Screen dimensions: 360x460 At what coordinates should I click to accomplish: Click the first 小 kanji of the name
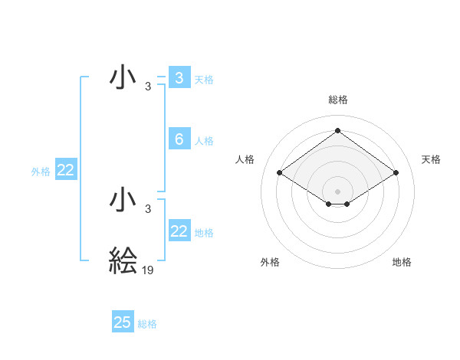pos(123,78)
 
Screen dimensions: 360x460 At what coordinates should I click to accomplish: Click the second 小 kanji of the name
pos(123,201)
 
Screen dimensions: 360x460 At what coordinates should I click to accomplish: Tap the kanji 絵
pos(123,261)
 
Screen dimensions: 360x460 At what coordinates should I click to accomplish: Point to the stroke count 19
pos(148,270)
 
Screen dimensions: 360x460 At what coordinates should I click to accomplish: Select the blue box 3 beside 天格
pos(179,78)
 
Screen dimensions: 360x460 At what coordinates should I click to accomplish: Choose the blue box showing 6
pos(179,139)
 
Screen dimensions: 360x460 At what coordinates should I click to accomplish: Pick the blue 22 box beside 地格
pos(179,231)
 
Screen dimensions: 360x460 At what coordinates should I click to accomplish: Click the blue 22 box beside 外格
pos(66,171)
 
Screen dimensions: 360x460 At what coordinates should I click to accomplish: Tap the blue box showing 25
pos(123,322)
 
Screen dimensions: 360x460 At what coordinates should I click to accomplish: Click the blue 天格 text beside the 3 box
pos(204,79)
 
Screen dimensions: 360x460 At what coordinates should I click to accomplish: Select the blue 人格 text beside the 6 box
pos(204,141)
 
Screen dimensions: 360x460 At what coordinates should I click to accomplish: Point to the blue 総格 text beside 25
pos(147,324)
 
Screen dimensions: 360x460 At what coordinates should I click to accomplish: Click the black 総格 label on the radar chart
pos(337,100)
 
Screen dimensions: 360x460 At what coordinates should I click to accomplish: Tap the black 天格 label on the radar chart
pos(431,159)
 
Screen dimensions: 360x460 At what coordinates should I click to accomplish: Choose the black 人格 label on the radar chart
pos(245,159)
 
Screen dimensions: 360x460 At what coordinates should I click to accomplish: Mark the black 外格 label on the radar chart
pos(270,262)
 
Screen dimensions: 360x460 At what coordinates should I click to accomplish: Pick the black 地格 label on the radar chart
pos(402,262)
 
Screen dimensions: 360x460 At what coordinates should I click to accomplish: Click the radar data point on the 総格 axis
pos(337,130)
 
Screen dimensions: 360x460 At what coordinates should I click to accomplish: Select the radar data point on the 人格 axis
pos(280,173)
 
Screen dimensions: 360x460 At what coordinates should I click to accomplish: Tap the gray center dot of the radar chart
pos(337,191)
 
